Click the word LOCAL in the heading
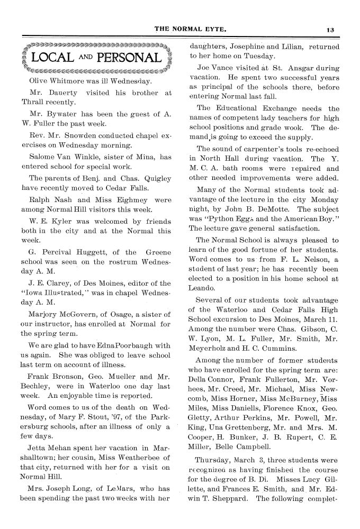coord(52,58)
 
